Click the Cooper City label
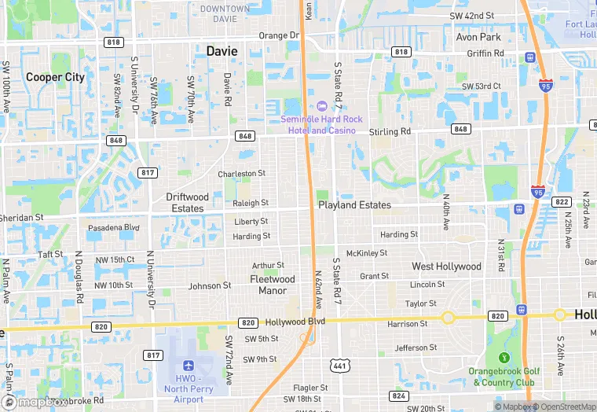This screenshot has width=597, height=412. click(x=55, y=77)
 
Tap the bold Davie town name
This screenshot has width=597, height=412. click(x=222, y=51)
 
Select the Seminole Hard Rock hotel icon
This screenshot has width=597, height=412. click(x=321, y=106)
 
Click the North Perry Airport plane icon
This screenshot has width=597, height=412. click(x=188, y=366)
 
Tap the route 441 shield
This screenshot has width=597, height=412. click(x=339, y=366)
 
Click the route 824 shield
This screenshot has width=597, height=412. click(x=399, y=395)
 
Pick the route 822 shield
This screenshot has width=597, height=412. click(x=562, y=202)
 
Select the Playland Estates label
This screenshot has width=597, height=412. click(x=354, y=205)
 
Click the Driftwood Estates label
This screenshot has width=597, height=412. click(x=188, y=203)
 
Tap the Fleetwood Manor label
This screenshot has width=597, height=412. click(x=273, y=285)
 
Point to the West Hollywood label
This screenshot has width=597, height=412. click(x=446, y=267)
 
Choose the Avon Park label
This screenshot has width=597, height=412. click(x=478, y=37)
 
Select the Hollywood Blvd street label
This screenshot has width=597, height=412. click(x=295, y=322)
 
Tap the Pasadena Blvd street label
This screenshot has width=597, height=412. click(x=113, y=228)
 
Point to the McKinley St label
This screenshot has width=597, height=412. click(x=367, y=253)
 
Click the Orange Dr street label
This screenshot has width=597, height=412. click(x=279, y=35)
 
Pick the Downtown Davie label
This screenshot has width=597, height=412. click(x=225, y=13)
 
